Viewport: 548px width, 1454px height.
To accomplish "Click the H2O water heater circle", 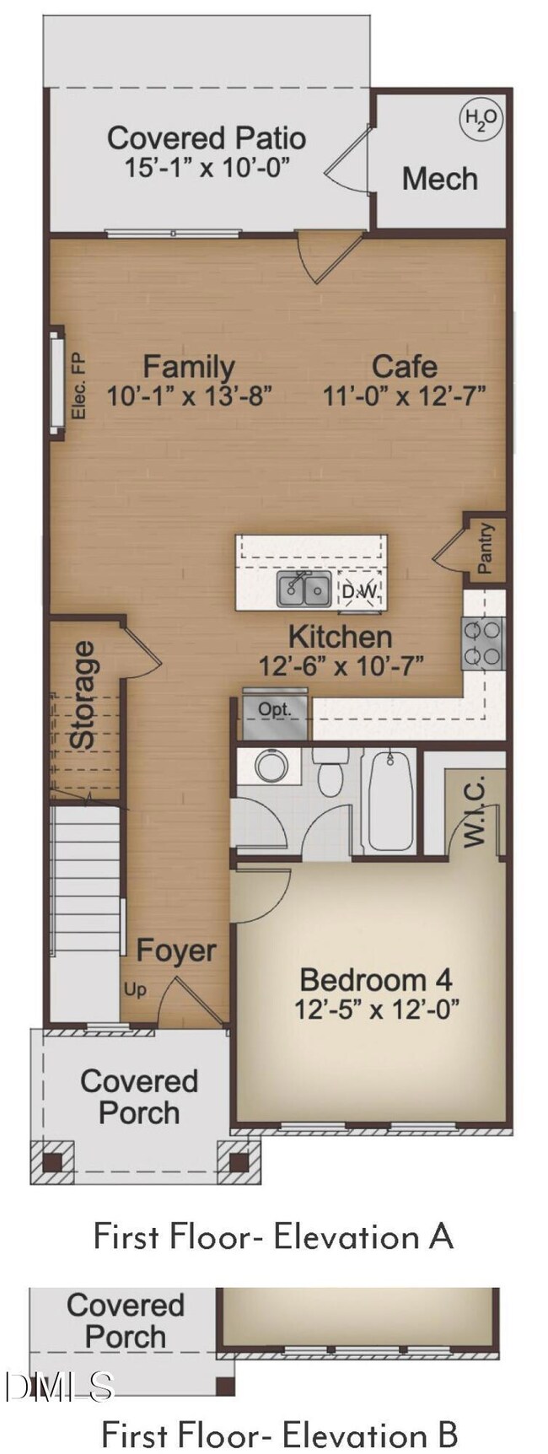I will pyautogui.click(x=481, y=118).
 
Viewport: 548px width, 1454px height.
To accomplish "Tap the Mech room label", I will pyautogui.click(x=439, y=179).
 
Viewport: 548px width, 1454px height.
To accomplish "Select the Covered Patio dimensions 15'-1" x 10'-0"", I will pyautogui.click(x=207, y=167).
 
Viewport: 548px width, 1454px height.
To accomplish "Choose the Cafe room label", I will pyautogui.click(x=405, y=366).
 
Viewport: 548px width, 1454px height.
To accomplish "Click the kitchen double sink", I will pyautogui.click(x=304, y=590).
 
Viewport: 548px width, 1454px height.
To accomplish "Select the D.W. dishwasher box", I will pyautogui.click(x=361, y=590).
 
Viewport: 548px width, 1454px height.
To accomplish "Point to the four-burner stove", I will pyautogui.click(x=483, y=643).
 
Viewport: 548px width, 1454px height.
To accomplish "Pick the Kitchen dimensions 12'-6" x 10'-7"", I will pyautogui.click(x=340, y=665).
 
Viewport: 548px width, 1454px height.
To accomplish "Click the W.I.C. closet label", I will pyautogui.click(x=475, y=810).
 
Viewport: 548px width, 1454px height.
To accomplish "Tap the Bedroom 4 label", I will pyautogui.click(x=375, y=980).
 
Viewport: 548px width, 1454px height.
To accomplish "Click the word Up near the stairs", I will pyautogui.click(x=134, y=989).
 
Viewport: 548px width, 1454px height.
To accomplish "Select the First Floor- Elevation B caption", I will pyautogui.click(x=279, y=1434).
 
